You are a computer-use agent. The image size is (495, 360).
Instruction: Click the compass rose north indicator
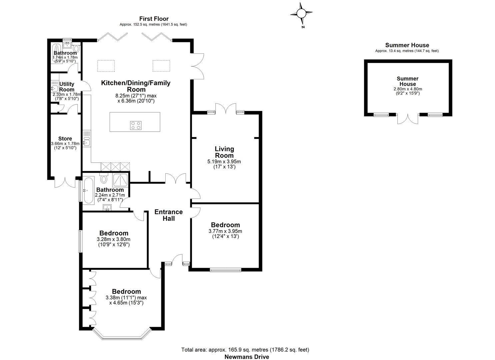[x=301, y=14]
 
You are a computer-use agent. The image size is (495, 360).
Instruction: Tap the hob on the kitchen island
[x=135, y=125]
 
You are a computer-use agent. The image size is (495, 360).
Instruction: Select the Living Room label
[x=224, y=152]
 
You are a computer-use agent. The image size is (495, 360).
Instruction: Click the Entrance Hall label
[x=169, y=215]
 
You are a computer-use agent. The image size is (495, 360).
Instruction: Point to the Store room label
[x=65, y=139]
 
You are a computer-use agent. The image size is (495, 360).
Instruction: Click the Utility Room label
[x=67, y=87]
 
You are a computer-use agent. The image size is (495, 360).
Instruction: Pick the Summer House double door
[x=408, y=118]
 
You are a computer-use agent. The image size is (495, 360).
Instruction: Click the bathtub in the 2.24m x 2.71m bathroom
[x=89, y=191]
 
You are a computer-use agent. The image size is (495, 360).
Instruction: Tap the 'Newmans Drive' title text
[x=247, y=357]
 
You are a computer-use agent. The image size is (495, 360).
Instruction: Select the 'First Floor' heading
[x=154, y=19]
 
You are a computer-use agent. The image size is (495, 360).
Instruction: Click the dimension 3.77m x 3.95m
[x=225, y=231]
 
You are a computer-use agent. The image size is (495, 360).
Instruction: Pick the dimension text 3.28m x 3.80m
[x=113, y=239]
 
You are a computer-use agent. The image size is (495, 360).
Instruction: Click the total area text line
[x=245, y=350]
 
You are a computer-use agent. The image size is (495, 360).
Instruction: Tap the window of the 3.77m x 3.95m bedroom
[x=226, y=269]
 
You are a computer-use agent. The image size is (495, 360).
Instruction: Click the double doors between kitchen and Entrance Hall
[x=177, y=179]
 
